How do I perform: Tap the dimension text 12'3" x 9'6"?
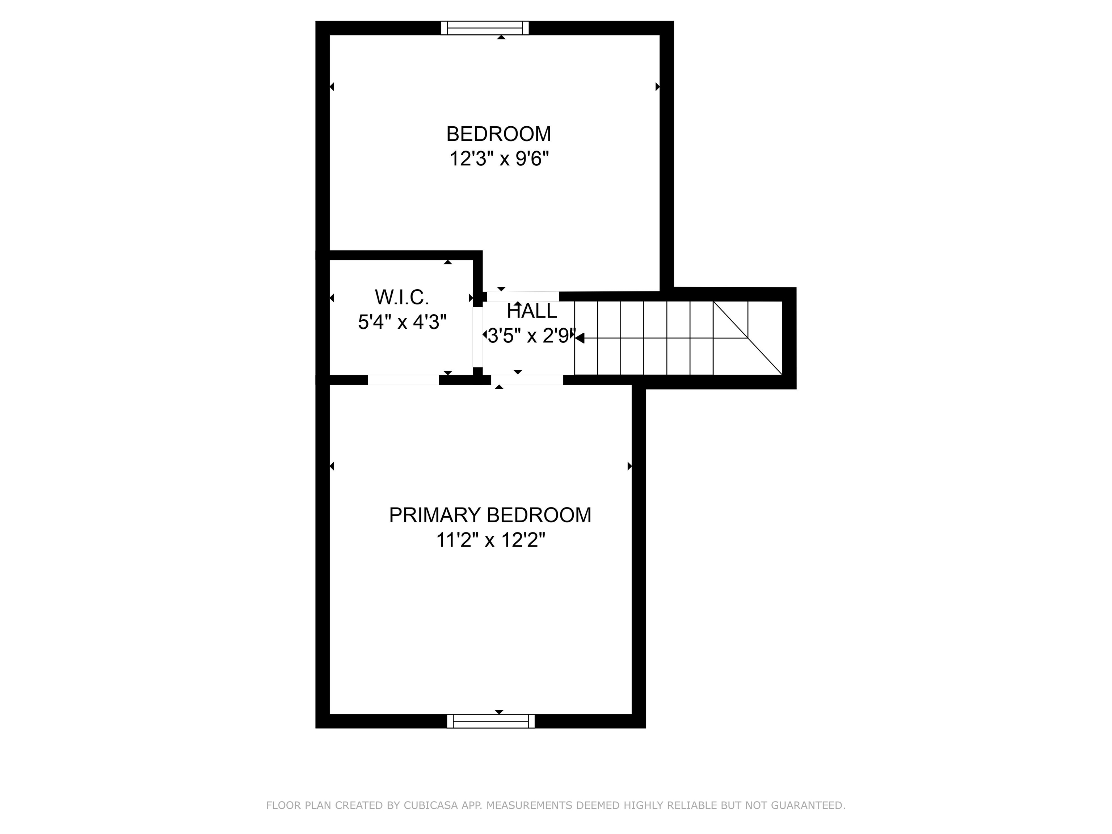click(x=499, y=159)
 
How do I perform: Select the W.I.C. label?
click(x=402, y=297)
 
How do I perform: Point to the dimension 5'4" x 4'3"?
click(x=402, y=322)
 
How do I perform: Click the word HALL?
click(x=532, y=311)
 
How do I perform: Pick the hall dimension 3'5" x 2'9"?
click(x=531, y=336)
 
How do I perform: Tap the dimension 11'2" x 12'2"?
click(x=490, y=540)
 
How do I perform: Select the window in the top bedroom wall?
click(x=485, y=28)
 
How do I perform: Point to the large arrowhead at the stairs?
click(x=579, y=338)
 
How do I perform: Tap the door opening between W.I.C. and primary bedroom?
click(x=403, y=380)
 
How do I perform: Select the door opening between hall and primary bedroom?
click(x=527, y=380)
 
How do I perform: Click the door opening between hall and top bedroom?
click(x=523, y=296)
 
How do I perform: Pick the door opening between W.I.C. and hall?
click(x=477, y=337)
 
